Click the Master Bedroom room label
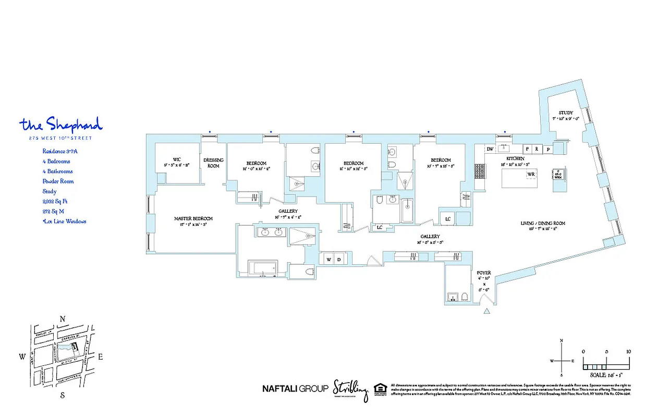pos(193,219)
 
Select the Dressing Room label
pos(213,163)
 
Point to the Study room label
pos(566,113)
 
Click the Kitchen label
pos(515,158)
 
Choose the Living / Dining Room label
pos(542,223)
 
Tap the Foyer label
pos(484,273)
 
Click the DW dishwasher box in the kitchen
pos(490,149)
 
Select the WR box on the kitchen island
pos(531,174)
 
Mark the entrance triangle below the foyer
pos(487,312)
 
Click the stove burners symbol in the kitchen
pos(479,170)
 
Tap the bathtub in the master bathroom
pos(263,269)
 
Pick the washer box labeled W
pos(329,259)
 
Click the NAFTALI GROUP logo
pos(295,388)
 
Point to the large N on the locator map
pos(63,319)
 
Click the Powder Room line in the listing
pos(58,181)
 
